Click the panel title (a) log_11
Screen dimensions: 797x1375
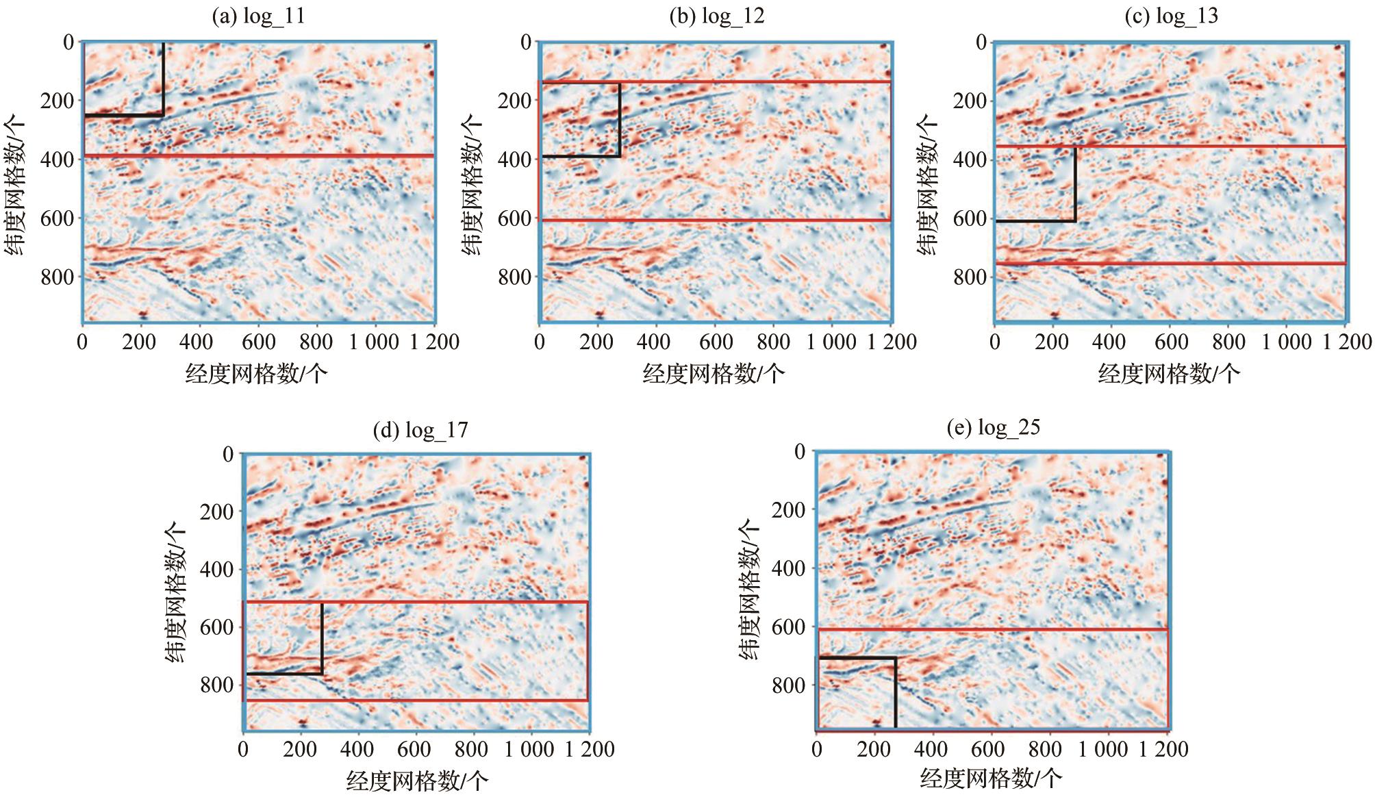pos(257,16)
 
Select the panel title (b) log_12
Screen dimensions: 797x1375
pos(716,16)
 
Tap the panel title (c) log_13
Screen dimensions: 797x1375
pos(1171,16)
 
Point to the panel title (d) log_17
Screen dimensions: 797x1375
pos(420,430)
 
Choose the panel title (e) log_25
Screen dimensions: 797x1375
pos(993,428)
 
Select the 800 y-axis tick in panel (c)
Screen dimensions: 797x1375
pos(969,277)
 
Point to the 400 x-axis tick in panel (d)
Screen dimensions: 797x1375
pos(357,749)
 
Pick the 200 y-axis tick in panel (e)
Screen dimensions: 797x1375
pos(788,510)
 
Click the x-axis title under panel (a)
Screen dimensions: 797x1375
pos(256,374)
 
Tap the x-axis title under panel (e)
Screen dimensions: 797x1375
pos(991,779)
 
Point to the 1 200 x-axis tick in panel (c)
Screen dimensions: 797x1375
pos(1347,342)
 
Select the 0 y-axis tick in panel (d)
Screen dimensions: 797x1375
pos(228,454)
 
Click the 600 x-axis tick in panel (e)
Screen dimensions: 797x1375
pos(988,749)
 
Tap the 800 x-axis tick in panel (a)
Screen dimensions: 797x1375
pos(316,342)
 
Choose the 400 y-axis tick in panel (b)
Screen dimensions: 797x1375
pos(514,160)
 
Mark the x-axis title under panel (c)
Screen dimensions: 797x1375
pos(1169,374)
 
